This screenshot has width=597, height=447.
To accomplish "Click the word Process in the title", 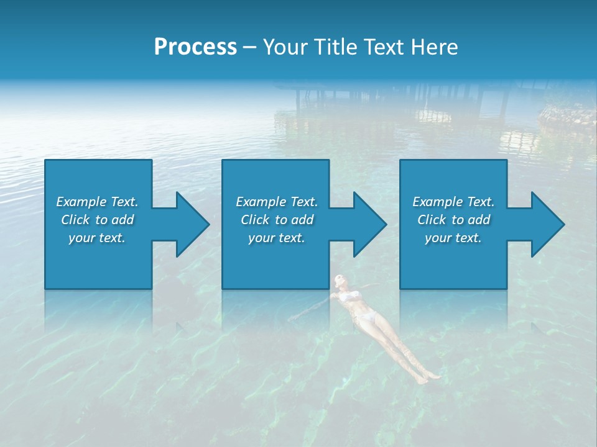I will [x=195, y=47].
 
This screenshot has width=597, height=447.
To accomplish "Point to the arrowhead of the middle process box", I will [x=369, y=224].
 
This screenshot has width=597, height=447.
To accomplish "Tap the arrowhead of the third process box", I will [x=547, y=224].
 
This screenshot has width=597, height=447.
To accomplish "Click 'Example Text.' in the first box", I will [x=97, y=202].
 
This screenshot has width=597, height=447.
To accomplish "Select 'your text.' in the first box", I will [x=97, y=238].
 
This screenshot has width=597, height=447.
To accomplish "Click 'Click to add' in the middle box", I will [x=277, y=220].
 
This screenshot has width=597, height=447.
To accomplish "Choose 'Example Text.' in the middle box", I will [x=277, y=202].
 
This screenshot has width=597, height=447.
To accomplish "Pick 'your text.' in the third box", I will [x=453, y=238].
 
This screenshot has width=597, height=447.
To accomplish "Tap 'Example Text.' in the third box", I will [x=453, y=202].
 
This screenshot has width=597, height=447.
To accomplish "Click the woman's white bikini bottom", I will [x=367, y=318].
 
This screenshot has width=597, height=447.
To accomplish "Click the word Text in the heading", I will [x=379, y=47].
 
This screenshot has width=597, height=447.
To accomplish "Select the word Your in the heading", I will [x=284, y=47].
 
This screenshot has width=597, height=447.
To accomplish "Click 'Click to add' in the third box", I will [x=453, y=220].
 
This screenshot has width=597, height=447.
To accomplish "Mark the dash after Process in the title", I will [x=249, y=47].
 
